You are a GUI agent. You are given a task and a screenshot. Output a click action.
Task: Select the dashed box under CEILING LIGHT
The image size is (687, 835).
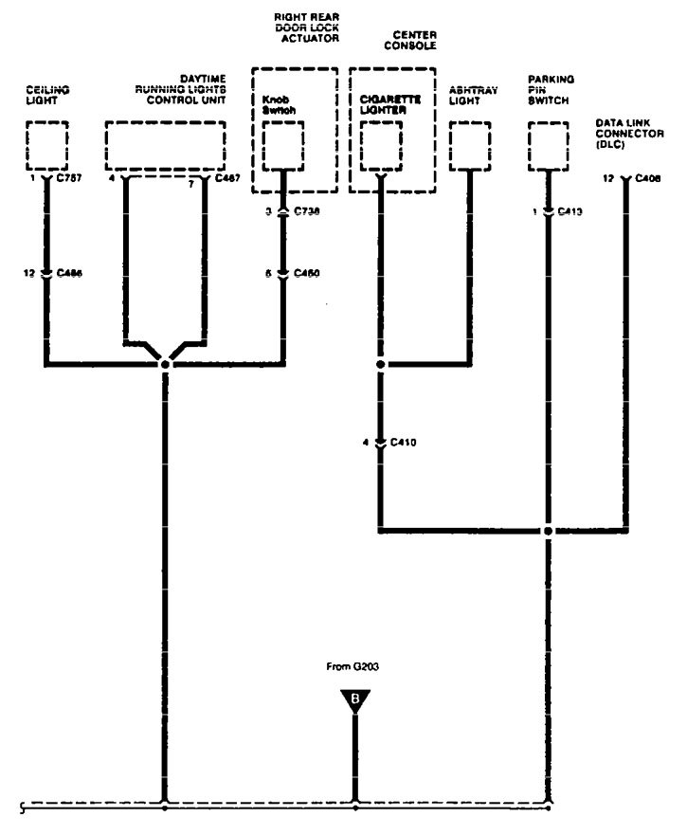tap(46, 144)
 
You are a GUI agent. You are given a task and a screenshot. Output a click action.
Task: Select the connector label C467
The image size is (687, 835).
tap(228, 178)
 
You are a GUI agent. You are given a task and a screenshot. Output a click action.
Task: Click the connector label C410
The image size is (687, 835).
tap(405, 442)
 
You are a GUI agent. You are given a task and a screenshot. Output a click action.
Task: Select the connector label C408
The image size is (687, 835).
tap(649, 178)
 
